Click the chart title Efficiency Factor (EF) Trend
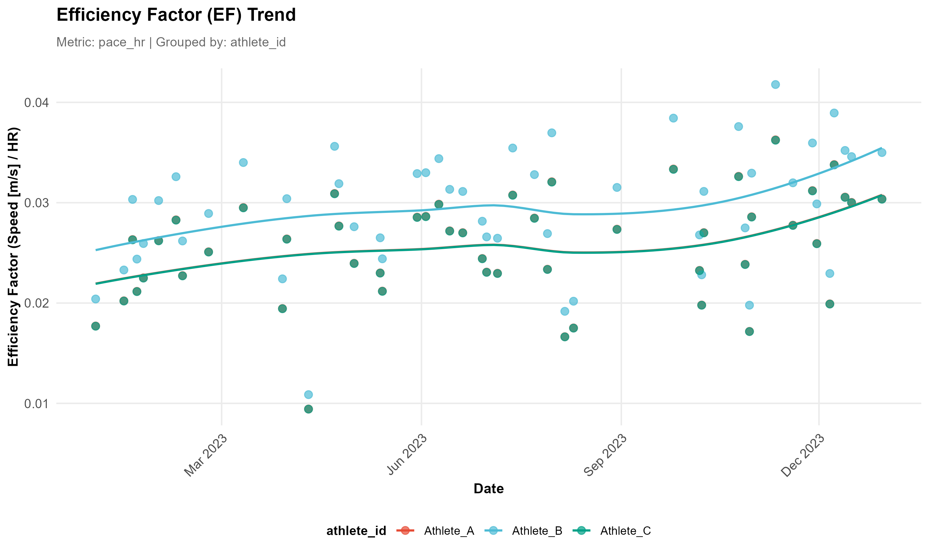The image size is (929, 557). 176,15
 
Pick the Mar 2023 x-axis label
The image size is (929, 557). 206,455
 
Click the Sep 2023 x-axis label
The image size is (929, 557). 605,455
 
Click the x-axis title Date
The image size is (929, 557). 489,489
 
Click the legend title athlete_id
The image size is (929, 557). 356,531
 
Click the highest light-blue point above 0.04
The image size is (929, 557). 775,84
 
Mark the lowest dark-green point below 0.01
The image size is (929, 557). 308,409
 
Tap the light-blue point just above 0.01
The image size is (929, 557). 308,395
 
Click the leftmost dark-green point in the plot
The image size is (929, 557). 96,326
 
